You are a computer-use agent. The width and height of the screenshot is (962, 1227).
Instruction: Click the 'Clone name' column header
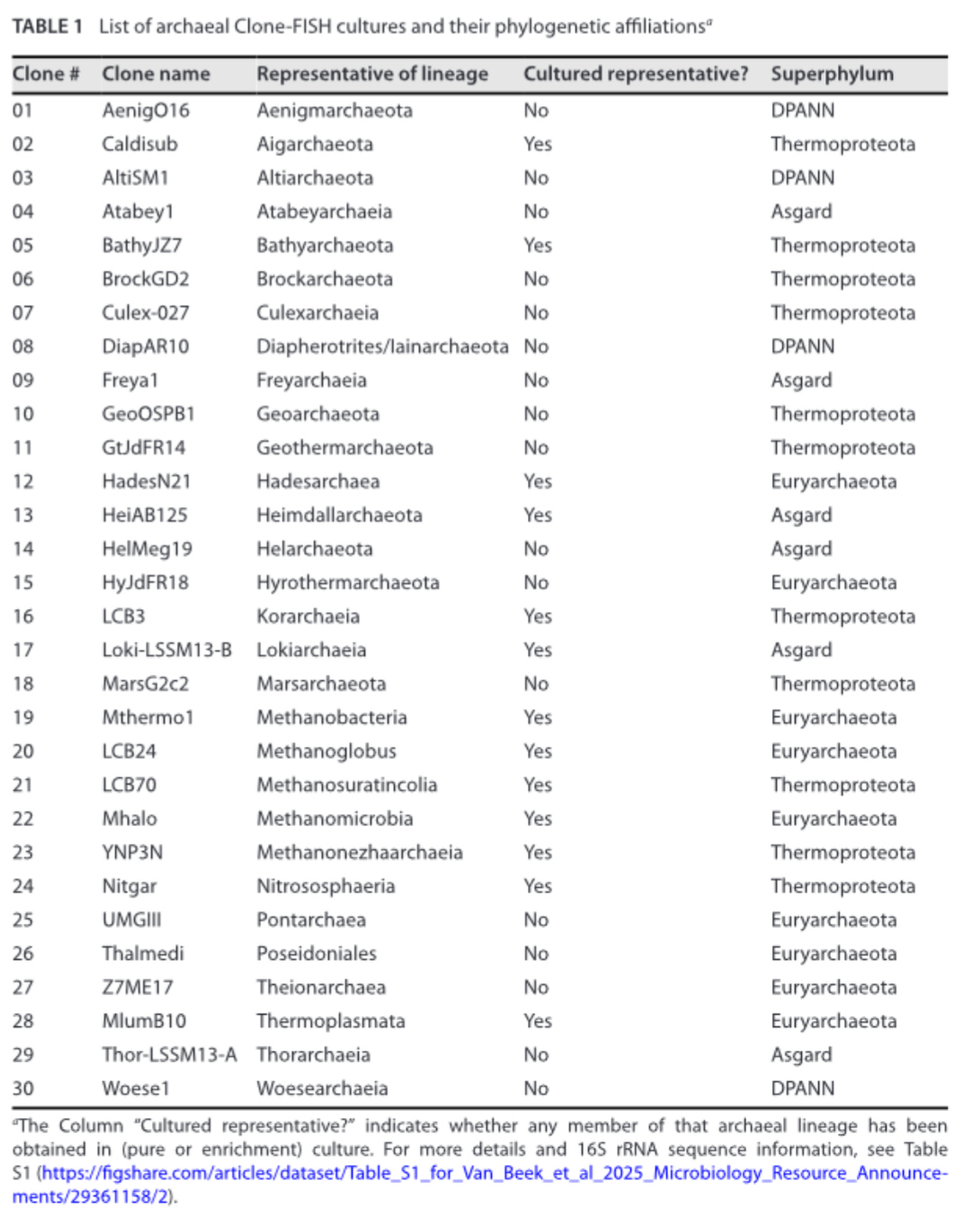[x=156, y=75]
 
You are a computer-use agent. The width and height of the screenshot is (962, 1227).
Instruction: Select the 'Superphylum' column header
[x=832, y=75]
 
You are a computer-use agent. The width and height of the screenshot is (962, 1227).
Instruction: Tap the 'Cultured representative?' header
[x=635, y=75]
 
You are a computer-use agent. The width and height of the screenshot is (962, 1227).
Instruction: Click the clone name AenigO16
[x=146, y=111]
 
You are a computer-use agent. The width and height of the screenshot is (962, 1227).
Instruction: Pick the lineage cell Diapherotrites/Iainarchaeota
[x=382, y=346]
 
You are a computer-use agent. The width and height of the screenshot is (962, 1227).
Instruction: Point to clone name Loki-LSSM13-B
[x=166, y=649]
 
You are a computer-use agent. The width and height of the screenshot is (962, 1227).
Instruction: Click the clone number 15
[x=22, y=582]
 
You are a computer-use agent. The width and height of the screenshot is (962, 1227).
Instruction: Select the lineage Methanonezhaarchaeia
[x=360, y=852]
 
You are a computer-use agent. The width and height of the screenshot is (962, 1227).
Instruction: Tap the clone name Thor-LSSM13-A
[x=169, y=1054]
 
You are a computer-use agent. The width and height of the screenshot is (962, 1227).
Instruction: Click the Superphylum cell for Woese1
[x=802, y=1088]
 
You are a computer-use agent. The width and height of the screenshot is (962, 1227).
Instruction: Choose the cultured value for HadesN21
[x=538, y=481]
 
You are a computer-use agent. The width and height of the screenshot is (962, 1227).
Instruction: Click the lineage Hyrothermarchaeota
[x=348, y=582]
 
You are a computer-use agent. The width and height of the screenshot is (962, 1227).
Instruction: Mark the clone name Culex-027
[x=146, y=313]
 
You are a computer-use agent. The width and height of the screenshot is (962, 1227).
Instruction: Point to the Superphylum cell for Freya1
[x=801, y=381]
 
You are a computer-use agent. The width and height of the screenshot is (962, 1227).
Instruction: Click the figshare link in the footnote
[x=494, y=1174]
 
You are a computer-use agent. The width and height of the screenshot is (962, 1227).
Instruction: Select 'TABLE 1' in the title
[x=47, y=26]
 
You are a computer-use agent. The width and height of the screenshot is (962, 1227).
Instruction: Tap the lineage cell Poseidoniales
[x=316, y=954]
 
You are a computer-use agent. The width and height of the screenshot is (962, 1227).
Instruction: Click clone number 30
[x=22, y=1088]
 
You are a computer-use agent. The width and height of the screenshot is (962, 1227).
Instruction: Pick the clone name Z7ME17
[x=137, y=987]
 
